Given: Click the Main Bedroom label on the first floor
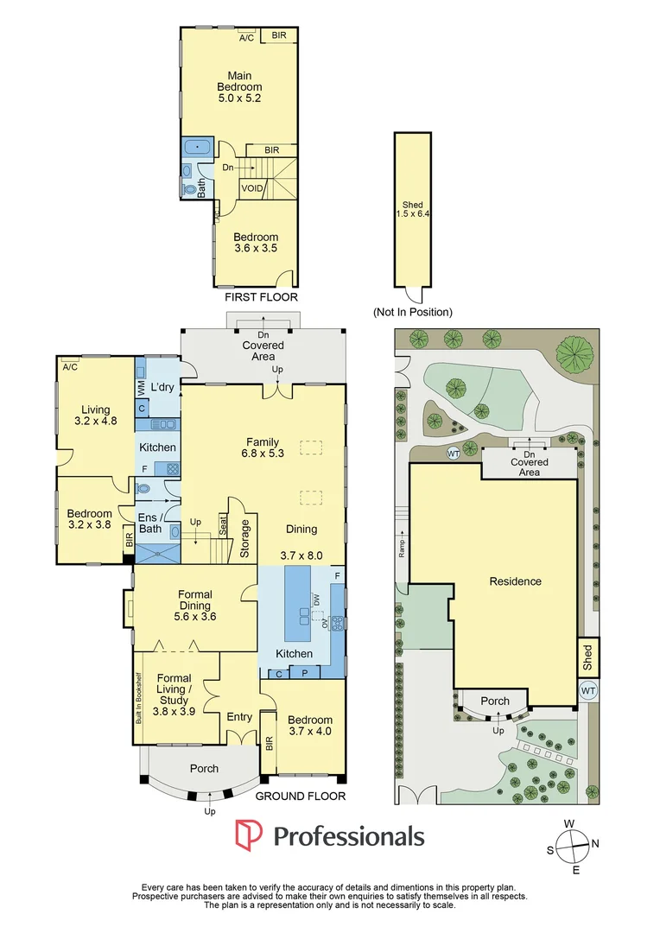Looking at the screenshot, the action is (239, 87).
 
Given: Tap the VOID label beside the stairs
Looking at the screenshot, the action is (252, 188).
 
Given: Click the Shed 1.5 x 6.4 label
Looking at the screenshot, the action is (412, 209).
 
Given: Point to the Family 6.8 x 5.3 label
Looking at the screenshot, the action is (263, 447).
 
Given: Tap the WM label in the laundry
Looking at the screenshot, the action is (141, 390).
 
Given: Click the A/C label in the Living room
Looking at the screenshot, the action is (70, 367).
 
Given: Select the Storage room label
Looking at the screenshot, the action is (244, 539).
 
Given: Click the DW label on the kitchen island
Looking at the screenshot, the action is (316, 600).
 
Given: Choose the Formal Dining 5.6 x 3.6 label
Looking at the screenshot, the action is (195, 605).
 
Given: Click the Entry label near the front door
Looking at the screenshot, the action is (239, 717).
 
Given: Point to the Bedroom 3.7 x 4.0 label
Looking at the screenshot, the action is (310, 726).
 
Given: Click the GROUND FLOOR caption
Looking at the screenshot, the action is (301, 797).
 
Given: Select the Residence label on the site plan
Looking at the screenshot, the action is (516, 581).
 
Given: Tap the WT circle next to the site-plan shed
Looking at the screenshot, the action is (588, 691).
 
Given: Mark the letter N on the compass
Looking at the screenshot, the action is (595, 843).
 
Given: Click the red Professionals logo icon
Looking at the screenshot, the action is (249, 835).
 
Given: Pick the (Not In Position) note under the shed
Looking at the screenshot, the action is (412, 312).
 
